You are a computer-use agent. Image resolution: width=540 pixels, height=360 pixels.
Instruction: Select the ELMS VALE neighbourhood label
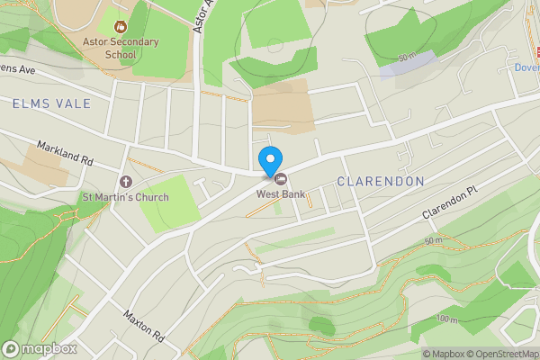[x=52, y=104]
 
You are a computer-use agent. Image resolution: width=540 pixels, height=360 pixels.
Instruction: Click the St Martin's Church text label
[x=125, y=197]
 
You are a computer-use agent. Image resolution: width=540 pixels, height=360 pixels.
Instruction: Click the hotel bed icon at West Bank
[x=279, y=177]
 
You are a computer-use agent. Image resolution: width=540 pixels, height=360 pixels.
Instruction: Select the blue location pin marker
[x=269, y=160]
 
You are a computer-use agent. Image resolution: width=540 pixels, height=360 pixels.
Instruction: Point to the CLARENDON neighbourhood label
[x=380, y=182]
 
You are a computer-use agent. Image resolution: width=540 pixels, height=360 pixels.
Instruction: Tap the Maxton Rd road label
[x=143, y=328]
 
